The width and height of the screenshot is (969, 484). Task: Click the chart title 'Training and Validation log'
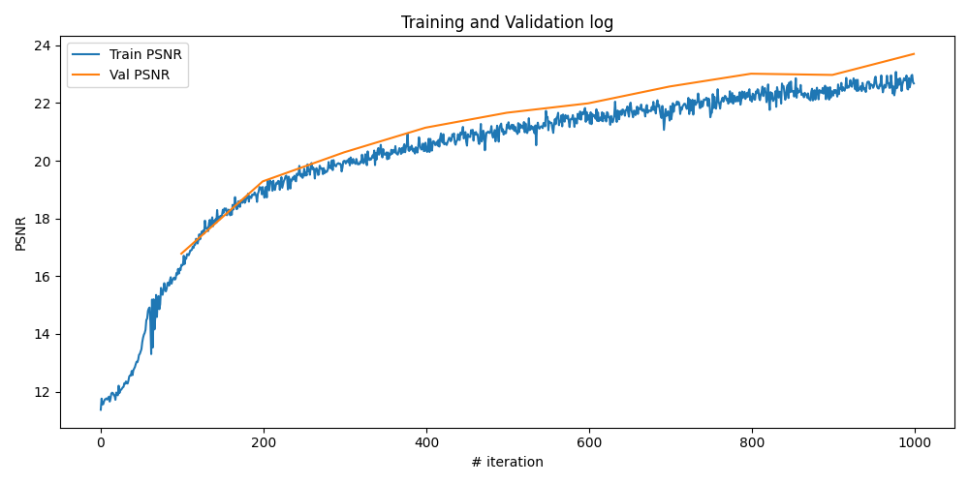tap(507, 22)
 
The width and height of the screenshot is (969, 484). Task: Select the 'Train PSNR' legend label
tap(145, 54)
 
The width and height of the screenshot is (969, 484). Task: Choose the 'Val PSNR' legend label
tap(140, 76)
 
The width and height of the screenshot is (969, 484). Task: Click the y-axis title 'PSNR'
tap(21, 233)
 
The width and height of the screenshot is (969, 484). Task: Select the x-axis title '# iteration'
tap(507, 463)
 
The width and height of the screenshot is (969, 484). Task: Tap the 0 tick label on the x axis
tap(101, 442)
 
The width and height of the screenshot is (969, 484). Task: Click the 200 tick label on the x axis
tap(264, 442)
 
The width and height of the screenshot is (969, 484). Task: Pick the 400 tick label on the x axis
tap(426, 442)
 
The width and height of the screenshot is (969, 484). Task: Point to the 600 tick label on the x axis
tap(589, 442)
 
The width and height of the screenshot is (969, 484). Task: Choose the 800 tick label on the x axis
tap(752, 442)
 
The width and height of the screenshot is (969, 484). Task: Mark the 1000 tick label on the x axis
tap(915, 442)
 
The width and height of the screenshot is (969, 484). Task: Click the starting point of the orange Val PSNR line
tap(181, 254)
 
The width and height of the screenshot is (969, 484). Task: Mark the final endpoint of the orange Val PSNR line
tap(914, 54)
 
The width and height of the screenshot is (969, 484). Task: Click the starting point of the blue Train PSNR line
tap(101, 408)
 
